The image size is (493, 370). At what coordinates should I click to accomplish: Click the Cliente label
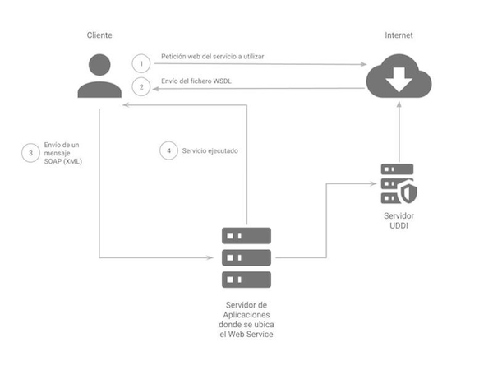(99, 36)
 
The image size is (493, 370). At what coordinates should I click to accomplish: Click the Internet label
(399, 36)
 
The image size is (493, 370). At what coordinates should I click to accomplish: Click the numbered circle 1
(141, 63)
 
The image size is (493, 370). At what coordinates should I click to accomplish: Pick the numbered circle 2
(141, 86)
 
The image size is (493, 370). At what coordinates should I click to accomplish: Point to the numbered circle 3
(31, 152)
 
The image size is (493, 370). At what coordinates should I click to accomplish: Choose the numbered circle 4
(168, 150)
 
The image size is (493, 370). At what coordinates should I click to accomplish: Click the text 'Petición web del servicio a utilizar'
(212, 57)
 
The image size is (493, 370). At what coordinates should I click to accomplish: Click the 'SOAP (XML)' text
(63, 161)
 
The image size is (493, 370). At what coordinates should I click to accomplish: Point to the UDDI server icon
(398, 184)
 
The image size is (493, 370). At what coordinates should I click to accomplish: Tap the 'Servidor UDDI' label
(398, 220)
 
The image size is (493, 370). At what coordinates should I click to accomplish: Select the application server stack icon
(246, 257)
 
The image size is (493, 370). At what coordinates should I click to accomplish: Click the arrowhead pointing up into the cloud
(399, 106)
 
